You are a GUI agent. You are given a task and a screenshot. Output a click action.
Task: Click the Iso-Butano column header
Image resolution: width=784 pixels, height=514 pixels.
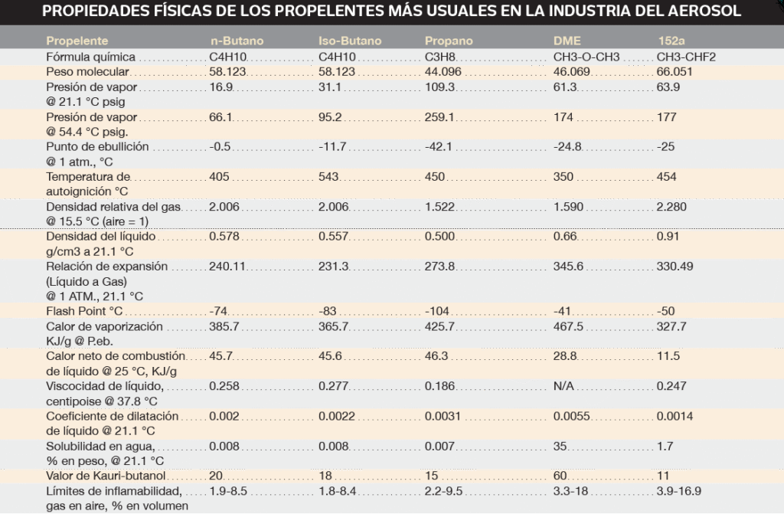[x=349, y=41]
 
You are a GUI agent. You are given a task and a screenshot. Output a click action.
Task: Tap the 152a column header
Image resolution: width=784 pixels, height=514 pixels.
[x=671, y=41]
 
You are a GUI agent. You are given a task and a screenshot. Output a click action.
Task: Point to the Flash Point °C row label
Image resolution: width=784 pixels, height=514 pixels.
[x=84, y=312]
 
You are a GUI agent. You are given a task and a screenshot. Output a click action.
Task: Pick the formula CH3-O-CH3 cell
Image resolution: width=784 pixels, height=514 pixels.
[x=586, y=57]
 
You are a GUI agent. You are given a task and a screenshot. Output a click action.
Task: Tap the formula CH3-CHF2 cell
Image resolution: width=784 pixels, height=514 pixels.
[x=686, y=57]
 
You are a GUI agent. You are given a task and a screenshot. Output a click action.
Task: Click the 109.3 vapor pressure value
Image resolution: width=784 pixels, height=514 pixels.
[x=439, y=87]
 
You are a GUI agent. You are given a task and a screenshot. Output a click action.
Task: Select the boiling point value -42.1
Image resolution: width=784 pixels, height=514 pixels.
[x=438, y=146]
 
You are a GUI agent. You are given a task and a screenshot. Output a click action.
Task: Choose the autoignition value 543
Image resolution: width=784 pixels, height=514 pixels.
[x=328, y=176]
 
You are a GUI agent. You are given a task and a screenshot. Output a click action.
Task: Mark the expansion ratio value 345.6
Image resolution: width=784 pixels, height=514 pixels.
[x=568, y=267]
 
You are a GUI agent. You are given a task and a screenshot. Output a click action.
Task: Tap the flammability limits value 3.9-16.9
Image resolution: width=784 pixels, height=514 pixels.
[x=680, y=491]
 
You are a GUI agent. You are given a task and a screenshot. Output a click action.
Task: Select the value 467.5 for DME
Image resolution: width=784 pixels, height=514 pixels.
[x=568, y=326]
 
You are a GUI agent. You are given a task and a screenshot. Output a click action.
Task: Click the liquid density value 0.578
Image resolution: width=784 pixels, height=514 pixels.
[x=224, y=236]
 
